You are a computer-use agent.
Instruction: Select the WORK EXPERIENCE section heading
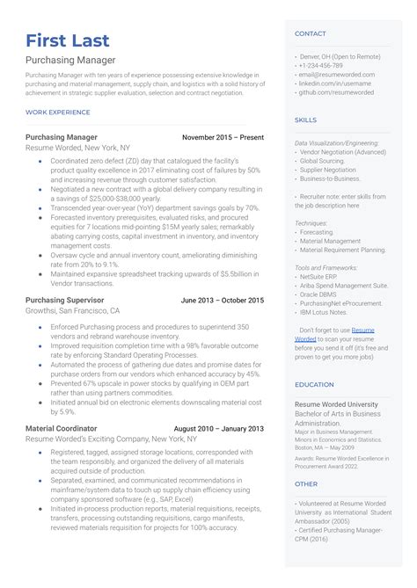click(x=58, y=113)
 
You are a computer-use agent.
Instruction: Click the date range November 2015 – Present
click(x=223, y=138)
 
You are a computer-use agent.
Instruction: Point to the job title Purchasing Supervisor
click(x=65, y=300)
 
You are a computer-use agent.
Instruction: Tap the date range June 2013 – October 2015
click(x=223, y=300)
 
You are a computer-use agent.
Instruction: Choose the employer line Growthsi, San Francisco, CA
click(x=72, y=310)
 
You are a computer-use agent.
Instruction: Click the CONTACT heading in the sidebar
click(x=310, y=33)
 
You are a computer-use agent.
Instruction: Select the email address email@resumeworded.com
click(x=336, y=75)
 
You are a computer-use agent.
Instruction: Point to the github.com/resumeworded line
click(x=336, y=92)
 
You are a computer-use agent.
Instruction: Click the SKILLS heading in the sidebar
click(x=305, y=119)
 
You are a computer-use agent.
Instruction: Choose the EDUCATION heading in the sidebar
click(x=314, y=384)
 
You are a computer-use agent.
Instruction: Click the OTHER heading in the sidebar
click(x=305, y=483)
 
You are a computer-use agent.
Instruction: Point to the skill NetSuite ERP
click(x=321, y=276)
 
